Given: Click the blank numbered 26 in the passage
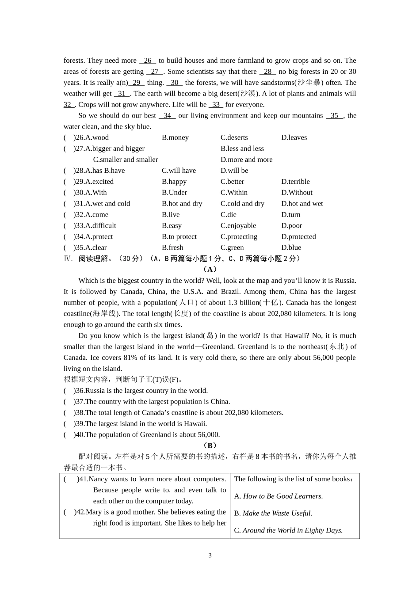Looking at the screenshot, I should pyautogui.click(x=148, y=61).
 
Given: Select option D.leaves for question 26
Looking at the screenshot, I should pyautogui.click(x=294, y=137).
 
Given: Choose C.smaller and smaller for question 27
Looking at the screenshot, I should pyautogui.click(x=125, y=160).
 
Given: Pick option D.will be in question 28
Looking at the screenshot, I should pyautogui.click(x=234, y=171).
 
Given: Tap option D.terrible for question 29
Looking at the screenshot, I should pyautogui.click(x=295, y=182).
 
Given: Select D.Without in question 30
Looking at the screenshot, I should pyautogui.click(x=297, y=193).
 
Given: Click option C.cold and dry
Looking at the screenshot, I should pyautogui.click(x=242, y=204).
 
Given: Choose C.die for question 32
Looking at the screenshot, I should pyautogui.click(x=229, y=215).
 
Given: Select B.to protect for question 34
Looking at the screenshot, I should pyautogui.click(x=179, y=237).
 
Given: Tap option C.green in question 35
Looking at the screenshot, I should pyautogui.click(x=232, y=248).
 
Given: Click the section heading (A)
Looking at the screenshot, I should pyautogui.click(x=210, y=269).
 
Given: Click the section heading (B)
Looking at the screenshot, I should pyautogui.click(x=210, y=445).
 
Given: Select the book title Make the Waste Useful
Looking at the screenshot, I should pyautogui.click(x=277, y=514).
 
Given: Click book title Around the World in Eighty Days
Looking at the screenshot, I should pyautogui.click(x=292, y=531).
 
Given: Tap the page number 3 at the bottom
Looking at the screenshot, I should pyautogui.click(x=210, y=556).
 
